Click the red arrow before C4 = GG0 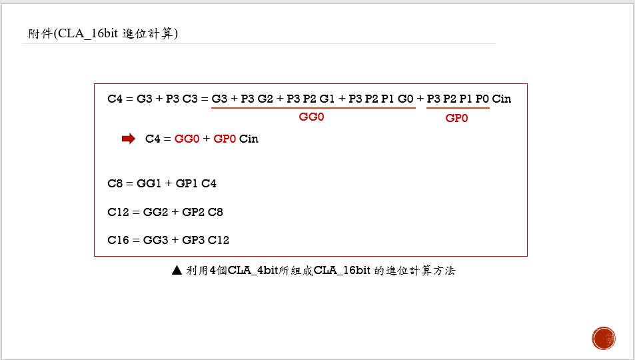129,139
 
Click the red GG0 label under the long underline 312,116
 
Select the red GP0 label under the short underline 457,117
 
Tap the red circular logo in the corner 604,338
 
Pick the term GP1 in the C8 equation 187,183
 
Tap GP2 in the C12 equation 194,212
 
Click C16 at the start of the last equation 117,240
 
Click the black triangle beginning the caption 177,271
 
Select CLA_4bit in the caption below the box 256,271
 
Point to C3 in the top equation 191,99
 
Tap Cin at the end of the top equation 502,99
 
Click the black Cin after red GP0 249,139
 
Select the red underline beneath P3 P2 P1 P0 458,108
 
